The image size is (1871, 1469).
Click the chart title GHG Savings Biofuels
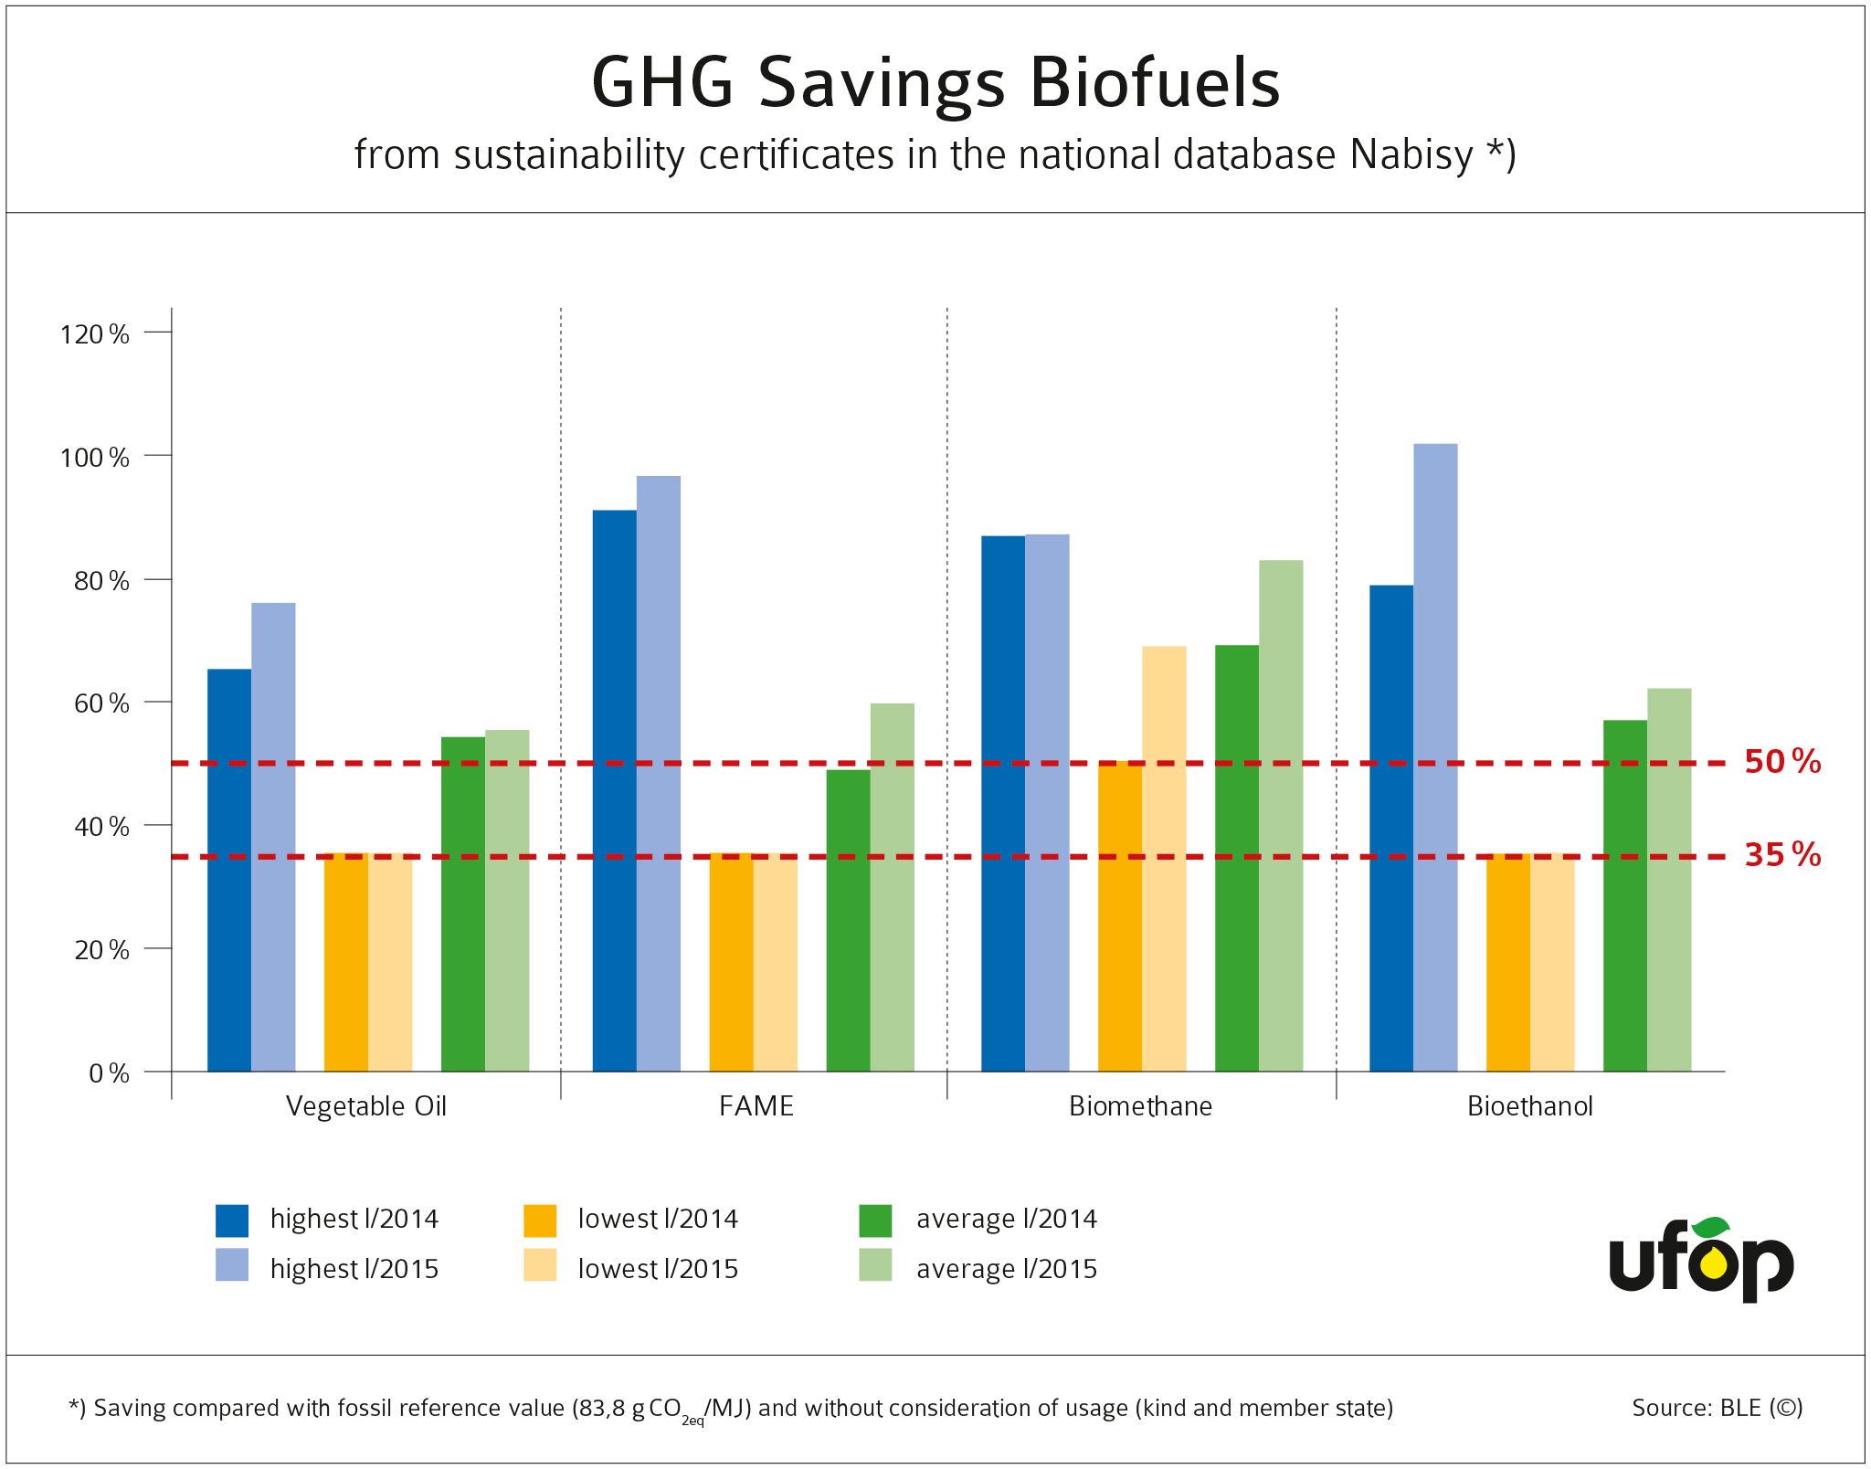coord(935,83)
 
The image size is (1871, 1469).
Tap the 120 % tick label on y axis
coord(95,334)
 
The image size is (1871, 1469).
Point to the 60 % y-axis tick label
coord(101,703)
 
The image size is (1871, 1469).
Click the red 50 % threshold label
coord(1781,762)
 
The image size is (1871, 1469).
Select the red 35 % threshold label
coord(1781,855)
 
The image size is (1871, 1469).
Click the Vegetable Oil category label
coord(366,1106)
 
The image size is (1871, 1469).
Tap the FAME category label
coord(756,1106)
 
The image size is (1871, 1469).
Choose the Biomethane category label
coord(1140,1106)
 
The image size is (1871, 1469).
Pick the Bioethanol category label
coord(1529,1106)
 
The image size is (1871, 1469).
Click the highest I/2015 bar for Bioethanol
coord(1435,758)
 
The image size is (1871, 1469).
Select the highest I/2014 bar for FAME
coord(614,791)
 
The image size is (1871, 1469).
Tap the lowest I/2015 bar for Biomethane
coord(1164,859)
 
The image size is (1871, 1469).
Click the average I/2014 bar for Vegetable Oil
coord(462,904)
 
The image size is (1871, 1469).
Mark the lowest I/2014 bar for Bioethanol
coord(1508,963)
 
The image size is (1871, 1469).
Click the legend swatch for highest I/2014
coord(232,1221)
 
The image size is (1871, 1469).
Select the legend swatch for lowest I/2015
coord(540,1265)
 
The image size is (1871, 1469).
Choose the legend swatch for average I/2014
coord(875,1221)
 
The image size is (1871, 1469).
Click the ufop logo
coord(1701,1260)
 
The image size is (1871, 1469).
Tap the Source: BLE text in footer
coord(1717,1408)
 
